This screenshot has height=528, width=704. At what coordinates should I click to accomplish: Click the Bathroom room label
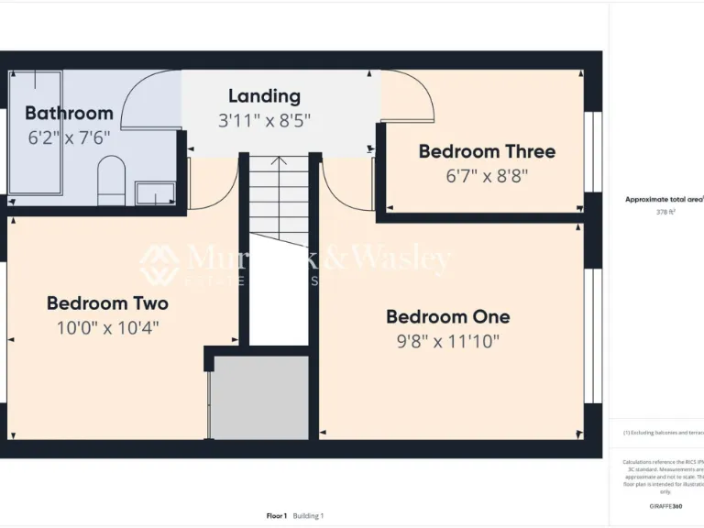click(x=69, y=114)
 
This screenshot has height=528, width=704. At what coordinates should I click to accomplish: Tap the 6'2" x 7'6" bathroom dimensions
click(x=68, y=137)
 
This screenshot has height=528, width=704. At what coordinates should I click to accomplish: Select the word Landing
click(x=264, y=95)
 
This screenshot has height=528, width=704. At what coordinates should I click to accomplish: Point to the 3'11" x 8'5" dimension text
click(x=264, y=120)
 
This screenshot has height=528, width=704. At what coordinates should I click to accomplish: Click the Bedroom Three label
click(x=487, y=151)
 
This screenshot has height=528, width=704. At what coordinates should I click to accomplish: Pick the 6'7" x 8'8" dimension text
click(x=487, y=176)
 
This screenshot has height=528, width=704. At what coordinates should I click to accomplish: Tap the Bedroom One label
click(x=447, y=317)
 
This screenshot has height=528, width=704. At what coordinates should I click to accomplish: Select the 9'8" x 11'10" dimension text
click(x=447, y=342)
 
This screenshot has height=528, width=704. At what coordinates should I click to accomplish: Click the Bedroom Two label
click(x=107, y=302)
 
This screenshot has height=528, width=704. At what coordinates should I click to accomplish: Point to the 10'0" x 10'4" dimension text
click(x=107, y=327)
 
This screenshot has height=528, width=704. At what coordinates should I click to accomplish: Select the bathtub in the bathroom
click(x=35, y=133)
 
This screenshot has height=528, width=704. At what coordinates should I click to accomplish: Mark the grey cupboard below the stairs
click(x=260, y=398)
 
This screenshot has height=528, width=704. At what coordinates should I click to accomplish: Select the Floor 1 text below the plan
click(x=276, y=516)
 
